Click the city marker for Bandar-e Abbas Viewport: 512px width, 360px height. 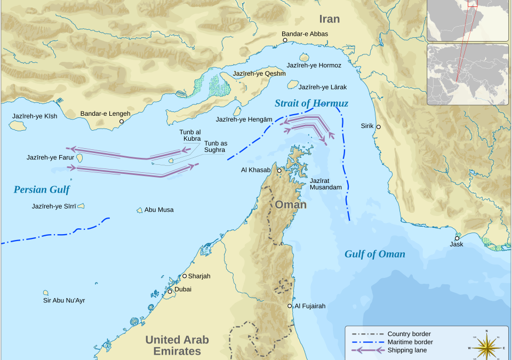coord(285,40)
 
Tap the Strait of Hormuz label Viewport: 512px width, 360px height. coord(311,103)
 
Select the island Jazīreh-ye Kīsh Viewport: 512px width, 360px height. coord(18,126)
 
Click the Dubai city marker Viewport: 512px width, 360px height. coord(170,291)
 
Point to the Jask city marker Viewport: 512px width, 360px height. coord(457,238)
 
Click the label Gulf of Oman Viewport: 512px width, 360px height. coord(374,254)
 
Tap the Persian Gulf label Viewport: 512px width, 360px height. coord(42,189)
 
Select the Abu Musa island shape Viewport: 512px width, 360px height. coord(140,210)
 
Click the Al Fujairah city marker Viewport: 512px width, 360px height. coord(290,306)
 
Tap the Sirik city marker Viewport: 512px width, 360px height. coord(378,127)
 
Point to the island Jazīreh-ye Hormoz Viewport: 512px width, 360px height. coord(305,57)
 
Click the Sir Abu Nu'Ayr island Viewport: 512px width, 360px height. coord(46,293)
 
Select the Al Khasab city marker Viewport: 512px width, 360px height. coord(278,170)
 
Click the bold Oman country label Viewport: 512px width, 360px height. coord(290,205)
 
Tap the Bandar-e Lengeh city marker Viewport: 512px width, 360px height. coord(122,122)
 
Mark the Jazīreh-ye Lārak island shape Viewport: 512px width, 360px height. coord(292,84)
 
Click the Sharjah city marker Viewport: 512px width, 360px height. coord(185,276)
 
